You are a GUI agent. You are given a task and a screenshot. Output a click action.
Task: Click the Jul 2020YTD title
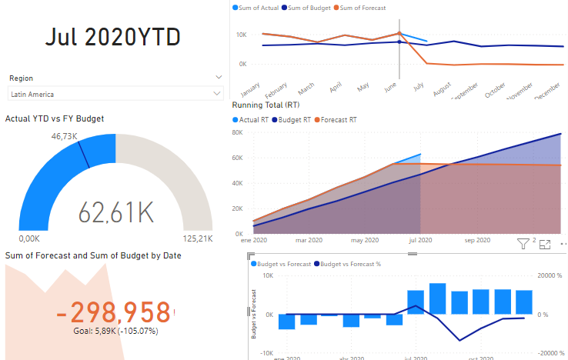[112, 36]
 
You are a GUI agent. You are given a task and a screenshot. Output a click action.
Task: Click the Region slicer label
[21, 78]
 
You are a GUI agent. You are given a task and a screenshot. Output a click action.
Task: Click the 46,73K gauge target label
[65, 135]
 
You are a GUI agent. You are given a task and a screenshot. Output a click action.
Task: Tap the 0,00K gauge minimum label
[28, 238]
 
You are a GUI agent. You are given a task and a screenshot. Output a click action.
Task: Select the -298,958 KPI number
[113, 312]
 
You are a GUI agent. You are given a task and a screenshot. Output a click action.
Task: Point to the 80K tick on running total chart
[239, 133]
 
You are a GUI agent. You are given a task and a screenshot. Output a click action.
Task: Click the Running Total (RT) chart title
[266, 104]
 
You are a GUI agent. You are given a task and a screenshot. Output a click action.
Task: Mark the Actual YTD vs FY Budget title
[55, 118]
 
